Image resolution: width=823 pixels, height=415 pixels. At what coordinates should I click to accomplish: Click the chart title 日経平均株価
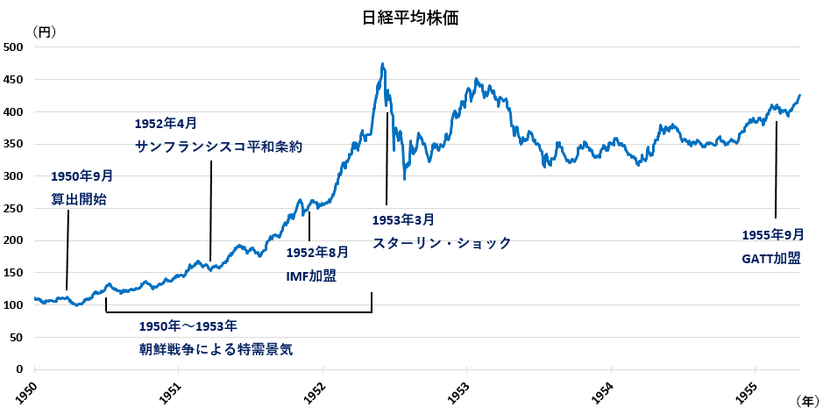411,17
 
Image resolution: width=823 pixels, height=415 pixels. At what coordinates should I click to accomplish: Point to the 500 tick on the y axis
14,47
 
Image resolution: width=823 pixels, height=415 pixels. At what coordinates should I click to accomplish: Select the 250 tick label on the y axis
14,209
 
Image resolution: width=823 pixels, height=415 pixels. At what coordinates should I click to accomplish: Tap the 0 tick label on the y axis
19,369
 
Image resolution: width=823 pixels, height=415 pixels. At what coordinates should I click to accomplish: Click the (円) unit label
43,32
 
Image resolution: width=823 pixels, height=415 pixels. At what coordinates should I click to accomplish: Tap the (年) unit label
806,400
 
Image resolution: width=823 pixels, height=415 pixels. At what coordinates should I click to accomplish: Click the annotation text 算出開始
79,199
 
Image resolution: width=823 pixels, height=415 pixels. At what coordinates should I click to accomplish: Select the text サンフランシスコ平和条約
219,147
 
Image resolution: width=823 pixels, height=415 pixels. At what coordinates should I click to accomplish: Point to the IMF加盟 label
311,275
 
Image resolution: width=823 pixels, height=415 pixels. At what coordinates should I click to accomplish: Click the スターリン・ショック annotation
442,243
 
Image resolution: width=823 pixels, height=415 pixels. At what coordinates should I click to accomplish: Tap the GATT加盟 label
770,258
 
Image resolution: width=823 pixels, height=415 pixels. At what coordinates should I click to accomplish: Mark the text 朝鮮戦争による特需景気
216,348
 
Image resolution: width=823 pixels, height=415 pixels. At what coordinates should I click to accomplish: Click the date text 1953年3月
403,219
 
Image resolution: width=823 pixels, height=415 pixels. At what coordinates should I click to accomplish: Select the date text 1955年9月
772,234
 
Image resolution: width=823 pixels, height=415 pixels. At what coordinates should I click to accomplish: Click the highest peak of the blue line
383,64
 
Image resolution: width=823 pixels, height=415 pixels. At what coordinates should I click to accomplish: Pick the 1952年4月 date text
166,124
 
